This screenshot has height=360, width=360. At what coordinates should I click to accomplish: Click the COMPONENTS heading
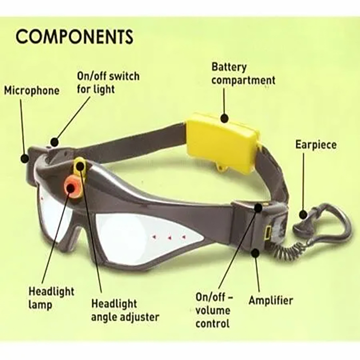[x=74, y=36]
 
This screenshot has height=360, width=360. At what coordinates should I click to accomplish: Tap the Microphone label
[x=31, y=91]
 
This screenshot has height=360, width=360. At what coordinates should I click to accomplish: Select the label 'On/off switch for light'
[x=108, y=83]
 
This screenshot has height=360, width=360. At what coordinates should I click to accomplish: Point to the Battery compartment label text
[x=243, y=74]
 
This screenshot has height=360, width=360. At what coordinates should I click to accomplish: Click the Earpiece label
[x=316, y=144]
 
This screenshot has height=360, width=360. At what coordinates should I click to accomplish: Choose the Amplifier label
[x=271, y=301]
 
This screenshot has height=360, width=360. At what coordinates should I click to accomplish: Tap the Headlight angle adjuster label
[x=125, y=310]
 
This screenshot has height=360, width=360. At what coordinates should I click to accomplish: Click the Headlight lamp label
[x=51, y=298]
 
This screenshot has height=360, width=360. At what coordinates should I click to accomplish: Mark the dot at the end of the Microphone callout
[x=24, y=158]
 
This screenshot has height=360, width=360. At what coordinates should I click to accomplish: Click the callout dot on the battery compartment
[x=225, y=118]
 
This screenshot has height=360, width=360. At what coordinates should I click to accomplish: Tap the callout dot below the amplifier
[x=255, y=253]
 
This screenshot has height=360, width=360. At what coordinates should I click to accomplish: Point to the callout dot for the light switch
[x=54, y=142]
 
